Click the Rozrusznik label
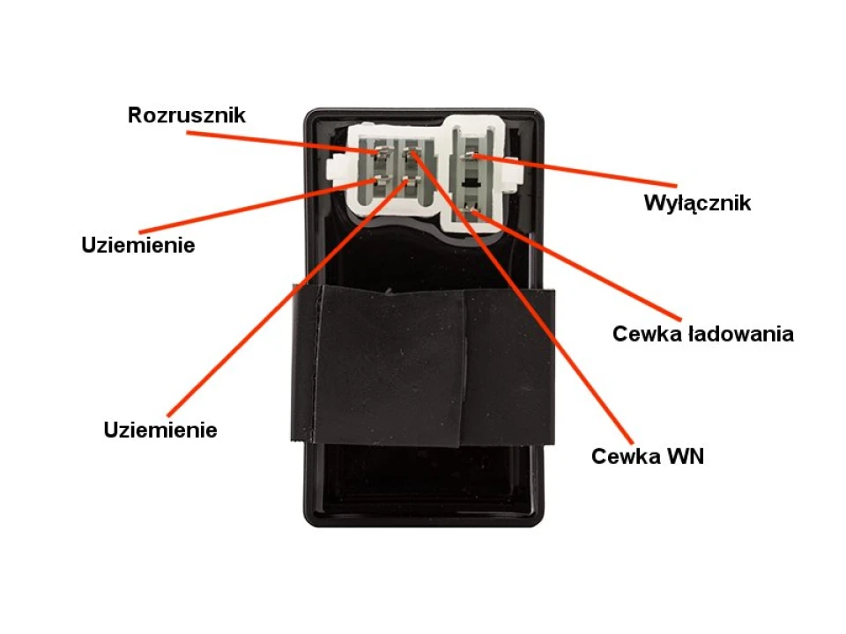tap(187, 114)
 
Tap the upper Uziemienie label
tap(138, 245)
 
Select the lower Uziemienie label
tap(160, 430)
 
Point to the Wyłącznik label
tap(697, 203)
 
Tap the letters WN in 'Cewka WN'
tap(686, 456)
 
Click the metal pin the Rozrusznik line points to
tap(382, 153)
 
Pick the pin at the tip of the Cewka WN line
tap(412, 153)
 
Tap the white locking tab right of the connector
tap(513, 176)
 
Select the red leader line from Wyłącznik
tap(575, 170)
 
